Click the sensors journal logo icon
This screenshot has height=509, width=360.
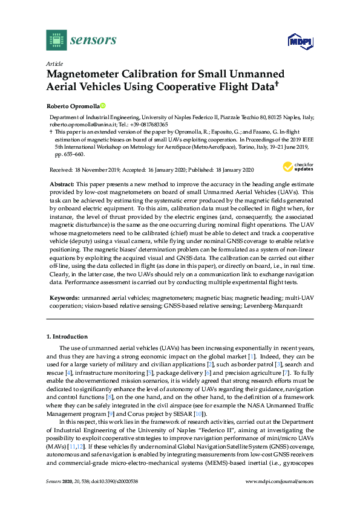(x=56, y=40)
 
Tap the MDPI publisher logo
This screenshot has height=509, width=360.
(x=296, y=41)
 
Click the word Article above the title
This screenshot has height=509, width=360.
(x=54, y=63)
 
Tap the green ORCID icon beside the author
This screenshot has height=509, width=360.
(x=103, y=105)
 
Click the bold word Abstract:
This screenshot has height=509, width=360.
(x=62, y=183)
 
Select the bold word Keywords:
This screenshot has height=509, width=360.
(x=64, y=299)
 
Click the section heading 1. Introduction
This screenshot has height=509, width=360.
(x=67, y=336)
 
